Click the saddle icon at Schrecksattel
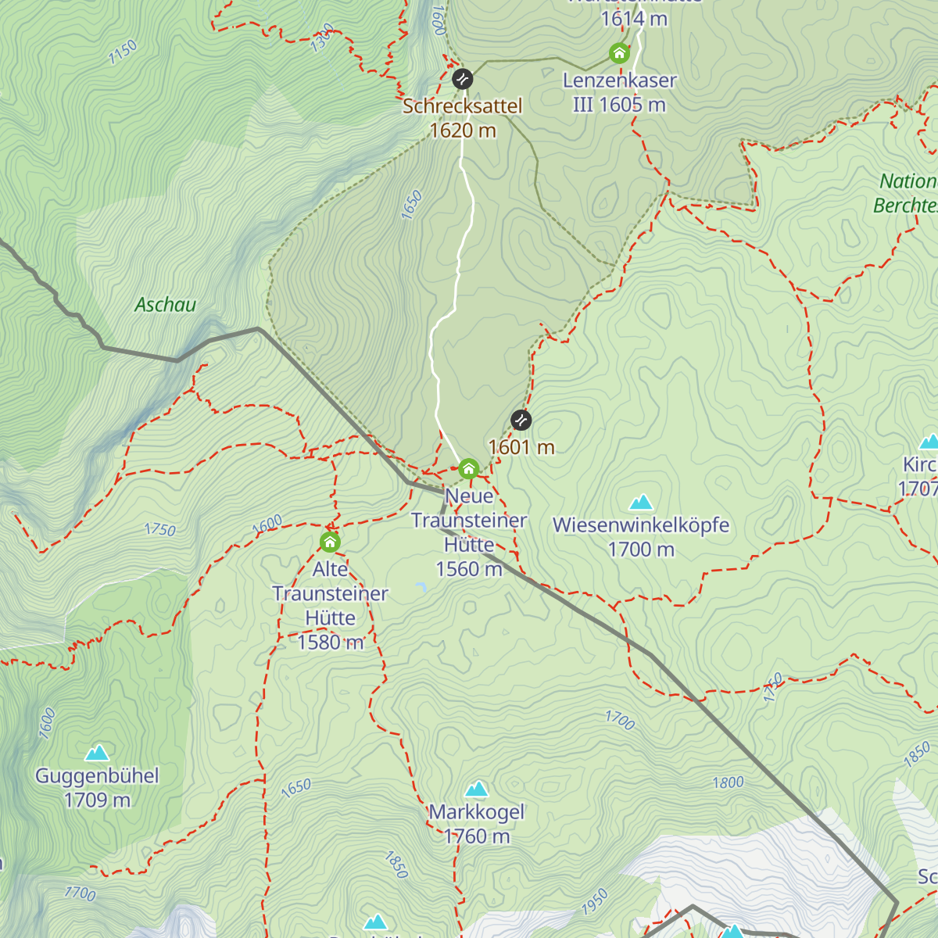[x=463, y=79]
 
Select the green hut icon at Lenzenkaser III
[x=619, y=53]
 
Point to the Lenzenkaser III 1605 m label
[x=619, y=92]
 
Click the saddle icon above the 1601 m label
[x=521, y=420]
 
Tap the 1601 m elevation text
[x=521, y=447]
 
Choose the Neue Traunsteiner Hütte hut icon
[x=468, y=469]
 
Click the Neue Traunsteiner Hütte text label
[x=469, y=532]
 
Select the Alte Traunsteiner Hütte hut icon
[x=330, y=542]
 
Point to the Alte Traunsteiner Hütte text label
[x=331, y=606]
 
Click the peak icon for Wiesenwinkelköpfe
[x=641, y=502]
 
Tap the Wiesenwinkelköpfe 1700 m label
[x=641, y=537]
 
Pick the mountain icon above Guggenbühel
[x=97, y=753]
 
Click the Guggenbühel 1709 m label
[x=97, y=788]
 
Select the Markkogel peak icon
[x=477, y=789]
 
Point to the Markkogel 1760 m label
[x=477, y=824]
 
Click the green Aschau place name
[x=166, y=305]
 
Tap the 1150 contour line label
[x=123, y=52]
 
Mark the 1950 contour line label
[x=594, y=901]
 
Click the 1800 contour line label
[x=728, y=782]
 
